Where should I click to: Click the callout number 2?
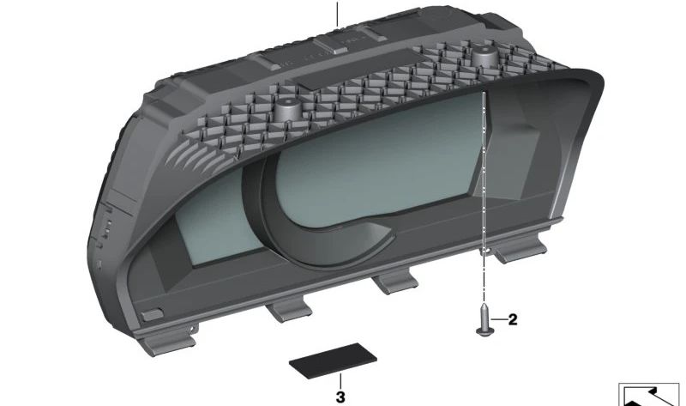tap(512, 319)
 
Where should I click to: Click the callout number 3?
tap(340, 397)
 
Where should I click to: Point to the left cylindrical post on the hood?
tap(286, 109)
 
